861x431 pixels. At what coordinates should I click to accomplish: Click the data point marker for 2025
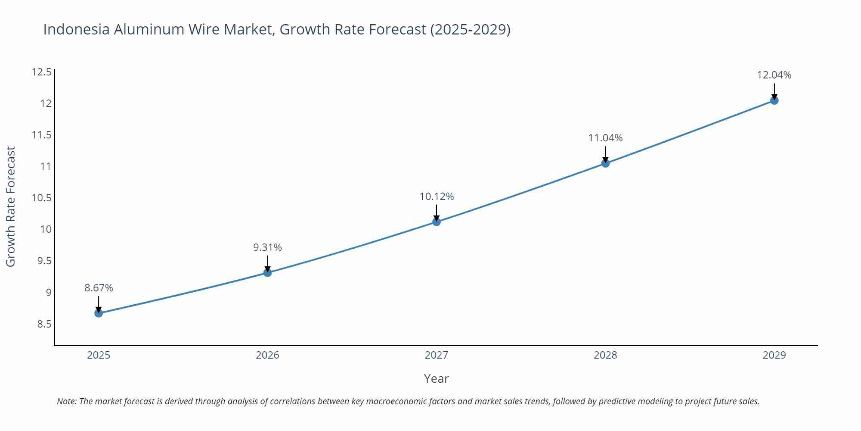pos(99,313)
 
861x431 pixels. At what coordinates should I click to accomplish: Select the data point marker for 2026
pos(267,272)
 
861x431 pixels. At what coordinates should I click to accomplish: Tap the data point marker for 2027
pos(436,222)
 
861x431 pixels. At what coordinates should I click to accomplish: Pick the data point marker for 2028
pos(605,163)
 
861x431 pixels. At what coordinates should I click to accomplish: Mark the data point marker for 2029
pos(774,100)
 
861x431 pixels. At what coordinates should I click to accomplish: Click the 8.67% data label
pos(99,288)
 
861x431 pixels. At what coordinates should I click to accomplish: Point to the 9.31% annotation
pos(267,247)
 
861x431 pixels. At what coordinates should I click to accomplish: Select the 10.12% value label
pos(437,197)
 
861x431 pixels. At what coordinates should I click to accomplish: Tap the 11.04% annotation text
pos(605,138)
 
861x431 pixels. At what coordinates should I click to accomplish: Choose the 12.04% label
pos(774,75)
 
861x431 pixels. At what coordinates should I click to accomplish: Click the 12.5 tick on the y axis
pos(41,72)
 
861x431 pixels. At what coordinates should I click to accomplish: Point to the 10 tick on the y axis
pos(46,229)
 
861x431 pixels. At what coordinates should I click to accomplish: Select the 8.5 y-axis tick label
pos(44,324)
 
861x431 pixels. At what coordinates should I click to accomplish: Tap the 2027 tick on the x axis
pos(436,355)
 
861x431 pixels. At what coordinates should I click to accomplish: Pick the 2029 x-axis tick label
pos(774,355)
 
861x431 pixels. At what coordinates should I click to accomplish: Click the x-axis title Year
pos(436,378)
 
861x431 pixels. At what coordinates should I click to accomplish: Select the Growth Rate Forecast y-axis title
pos(11,206)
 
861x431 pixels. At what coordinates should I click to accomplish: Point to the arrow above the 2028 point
pos(605,154)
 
